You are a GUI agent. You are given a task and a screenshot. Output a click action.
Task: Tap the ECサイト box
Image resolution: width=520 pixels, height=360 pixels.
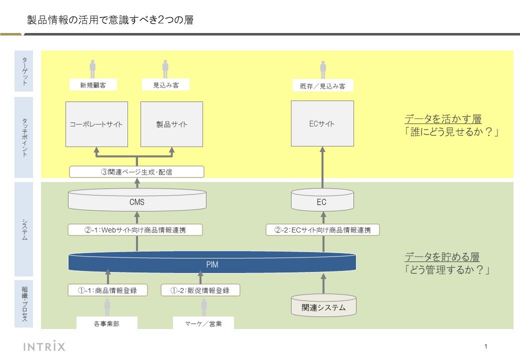(x=322, y=123)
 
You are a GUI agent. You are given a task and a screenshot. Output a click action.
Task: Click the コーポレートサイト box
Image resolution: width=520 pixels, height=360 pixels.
(x=96, y=124)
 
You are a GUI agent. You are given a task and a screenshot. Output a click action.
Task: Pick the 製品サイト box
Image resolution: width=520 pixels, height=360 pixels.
(x=172, y=124)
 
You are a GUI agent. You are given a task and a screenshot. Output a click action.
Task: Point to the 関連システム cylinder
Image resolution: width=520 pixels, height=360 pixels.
(x=323, y=305)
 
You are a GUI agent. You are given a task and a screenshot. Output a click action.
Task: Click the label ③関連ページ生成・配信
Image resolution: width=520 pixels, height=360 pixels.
(x=136, y=172)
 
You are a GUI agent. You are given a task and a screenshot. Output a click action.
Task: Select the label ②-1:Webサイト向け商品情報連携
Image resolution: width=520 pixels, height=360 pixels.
(x=135, y=230)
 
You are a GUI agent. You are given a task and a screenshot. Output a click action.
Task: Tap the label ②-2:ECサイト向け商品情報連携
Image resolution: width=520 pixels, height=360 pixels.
(x=322, y=230)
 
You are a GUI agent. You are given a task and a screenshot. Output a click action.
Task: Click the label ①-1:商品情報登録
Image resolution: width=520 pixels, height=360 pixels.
(x=107, y=290)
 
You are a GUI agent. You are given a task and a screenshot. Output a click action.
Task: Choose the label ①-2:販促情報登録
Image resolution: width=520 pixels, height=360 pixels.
(x=200, y=290)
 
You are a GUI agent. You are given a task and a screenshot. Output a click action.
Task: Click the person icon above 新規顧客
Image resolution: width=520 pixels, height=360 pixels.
(x=92, y=68)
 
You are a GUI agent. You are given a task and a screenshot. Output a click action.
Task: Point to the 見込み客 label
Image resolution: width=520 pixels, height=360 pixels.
(x=166, y=85)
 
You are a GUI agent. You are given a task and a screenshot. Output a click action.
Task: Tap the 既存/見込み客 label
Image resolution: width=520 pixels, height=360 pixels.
(x=322, y=86)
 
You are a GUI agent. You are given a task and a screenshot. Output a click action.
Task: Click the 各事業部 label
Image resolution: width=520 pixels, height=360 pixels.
(x=107, y=323)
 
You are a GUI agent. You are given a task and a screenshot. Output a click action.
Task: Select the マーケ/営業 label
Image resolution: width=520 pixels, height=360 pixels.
(x=203, y=323)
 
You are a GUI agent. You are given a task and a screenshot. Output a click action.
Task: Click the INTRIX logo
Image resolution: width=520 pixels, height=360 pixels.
(x=44, y=346)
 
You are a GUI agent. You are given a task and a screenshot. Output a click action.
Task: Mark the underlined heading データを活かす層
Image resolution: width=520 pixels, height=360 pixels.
(x=443, y=118)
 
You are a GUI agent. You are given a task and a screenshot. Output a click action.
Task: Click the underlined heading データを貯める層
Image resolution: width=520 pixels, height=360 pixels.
(x=442, y=256)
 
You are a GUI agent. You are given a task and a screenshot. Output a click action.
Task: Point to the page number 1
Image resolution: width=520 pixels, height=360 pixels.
(x=486, y=346)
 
